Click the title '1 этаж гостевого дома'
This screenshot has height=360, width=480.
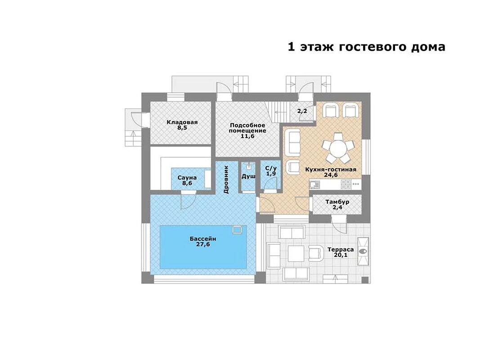[367, 47]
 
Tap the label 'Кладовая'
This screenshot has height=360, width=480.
[182, 122]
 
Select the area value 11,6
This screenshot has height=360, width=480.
[247, 136]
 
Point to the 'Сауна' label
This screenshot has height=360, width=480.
[187, 178]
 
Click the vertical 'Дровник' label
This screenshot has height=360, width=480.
[226, 180]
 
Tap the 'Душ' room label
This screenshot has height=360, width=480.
[248, 176]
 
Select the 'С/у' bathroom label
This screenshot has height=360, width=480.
[271, 168]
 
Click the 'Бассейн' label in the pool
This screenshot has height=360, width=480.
[203, 239]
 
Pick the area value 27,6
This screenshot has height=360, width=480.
[203, 244]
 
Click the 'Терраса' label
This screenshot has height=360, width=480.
[341, 249]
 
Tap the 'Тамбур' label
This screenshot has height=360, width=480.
[337, 202]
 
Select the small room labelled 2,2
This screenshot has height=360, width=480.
[302, 112]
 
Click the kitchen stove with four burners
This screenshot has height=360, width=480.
[345, 184]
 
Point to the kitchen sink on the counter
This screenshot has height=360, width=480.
[314, 184]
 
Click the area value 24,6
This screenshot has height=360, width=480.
[331, 175]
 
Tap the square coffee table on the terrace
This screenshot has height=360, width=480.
[296, 253]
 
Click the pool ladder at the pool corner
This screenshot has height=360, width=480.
[237, 229]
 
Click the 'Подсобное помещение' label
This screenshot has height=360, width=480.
[247, 128]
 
